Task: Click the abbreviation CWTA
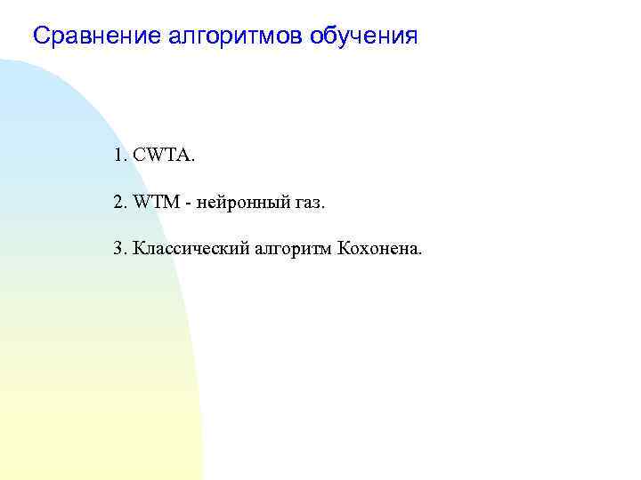click(161, 156)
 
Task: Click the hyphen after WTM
click(187, 204)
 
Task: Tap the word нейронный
click(234, 204)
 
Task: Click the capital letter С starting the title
click(40, 36)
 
